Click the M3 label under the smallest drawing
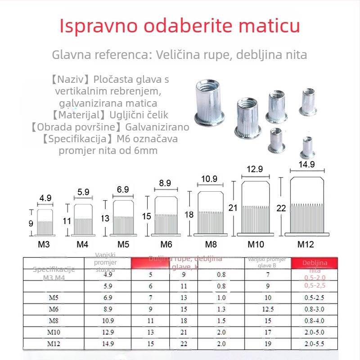pos(44,245)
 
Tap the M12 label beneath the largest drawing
pos(306,245)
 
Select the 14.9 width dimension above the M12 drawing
pos(306,164)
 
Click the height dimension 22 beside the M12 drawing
pos(281,208)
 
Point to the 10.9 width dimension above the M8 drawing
pos(209,179)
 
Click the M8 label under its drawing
pos(211,245)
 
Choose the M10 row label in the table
pos(54,332)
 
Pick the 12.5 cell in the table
pos(268,309)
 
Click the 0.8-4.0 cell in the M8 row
pos(315,320)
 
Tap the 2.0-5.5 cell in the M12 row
pos(315,344)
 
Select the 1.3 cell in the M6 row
pos(221,309)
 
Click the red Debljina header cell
pos(315,263)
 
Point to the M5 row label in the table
pos(54,297)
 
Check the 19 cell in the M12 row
pos(268,344)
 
